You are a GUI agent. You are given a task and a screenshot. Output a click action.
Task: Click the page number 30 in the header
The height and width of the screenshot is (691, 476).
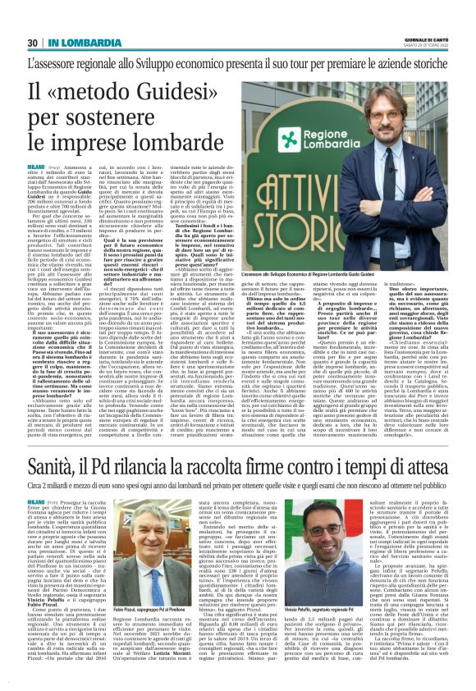[x=33, y=43]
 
